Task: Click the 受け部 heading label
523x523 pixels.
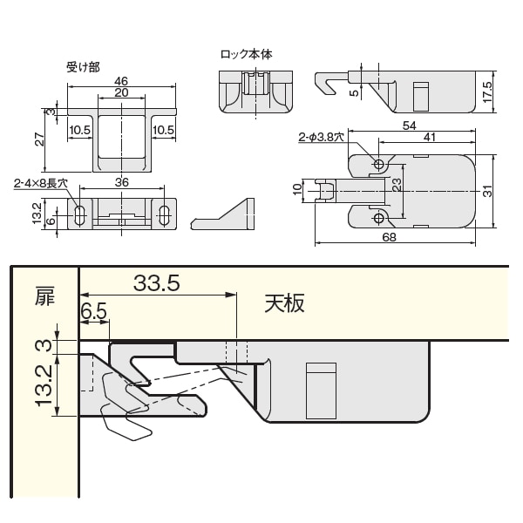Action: pos(83,67)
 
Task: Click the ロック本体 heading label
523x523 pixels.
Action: pos(247,54)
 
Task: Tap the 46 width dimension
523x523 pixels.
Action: pos(121,81)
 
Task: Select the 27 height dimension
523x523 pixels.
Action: pos(39,139)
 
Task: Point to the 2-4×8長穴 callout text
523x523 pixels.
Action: pos(41,183)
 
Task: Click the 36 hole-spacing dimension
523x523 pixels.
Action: pos(122,182)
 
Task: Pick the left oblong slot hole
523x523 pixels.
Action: pos(79,215)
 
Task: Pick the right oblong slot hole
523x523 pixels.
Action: pos(164,215)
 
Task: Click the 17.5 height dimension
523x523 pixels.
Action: pos(487,92)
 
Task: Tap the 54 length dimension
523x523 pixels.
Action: pos(410,126)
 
